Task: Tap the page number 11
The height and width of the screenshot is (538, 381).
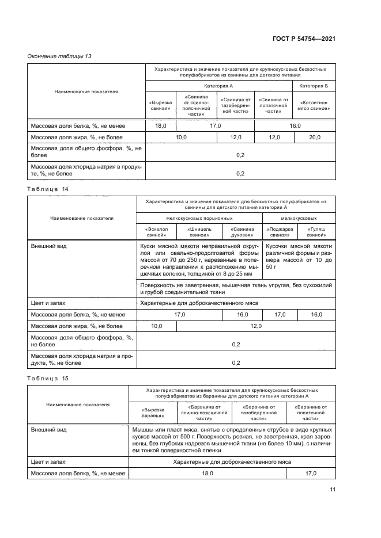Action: pos(333,490)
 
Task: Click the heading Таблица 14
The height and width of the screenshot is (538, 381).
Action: pos(48,188)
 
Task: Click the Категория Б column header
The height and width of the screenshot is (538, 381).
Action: pos(314,86)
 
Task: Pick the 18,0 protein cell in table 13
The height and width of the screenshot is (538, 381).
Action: pos(161,125)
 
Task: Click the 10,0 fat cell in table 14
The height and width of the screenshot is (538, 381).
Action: pos(156,326)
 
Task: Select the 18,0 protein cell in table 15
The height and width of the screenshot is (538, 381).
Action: pos(207,473)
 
